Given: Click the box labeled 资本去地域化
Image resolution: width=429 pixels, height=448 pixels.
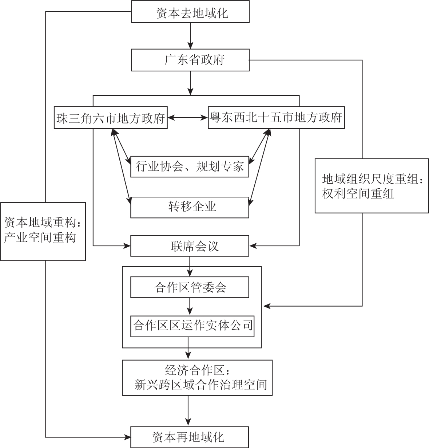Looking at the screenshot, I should click(190, 13).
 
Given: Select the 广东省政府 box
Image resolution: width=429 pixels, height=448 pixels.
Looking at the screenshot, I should click(190, 60).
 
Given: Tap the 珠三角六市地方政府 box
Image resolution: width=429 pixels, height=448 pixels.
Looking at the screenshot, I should click(111, 118).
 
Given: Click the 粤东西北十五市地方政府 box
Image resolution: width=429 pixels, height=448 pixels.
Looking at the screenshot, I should click(276, 118).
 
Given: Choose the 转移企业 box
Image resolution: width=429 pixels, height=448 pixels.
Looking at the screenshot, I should click(190, 207).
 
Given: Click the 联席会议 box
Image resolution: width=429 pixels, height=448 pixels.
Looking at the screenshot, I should click(190, 246).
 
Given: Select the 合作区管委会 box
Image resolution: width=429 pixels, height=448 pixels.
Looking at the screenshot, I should click(190, 287).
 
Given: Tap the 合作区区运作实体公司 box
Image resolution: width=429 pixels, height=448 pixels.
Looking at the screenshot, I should click(192, 325).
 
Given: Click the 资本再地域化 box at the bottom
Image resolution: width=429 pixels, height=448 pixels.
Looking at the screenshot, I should click(190, 437).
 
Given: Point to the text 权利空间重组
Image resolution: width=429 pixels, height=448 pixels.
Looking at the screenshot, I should click(358, 194).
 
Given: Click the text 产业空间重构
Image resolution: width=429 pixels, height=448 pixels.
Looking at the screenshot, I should click(40, 237).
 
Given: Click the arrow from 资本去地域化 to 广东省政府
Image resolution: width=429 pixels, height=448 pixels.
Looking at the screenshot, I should click(190, 36).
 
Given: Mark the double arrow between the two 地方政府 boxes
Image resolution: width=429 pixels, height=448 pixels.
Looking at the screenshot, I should click(188, 118).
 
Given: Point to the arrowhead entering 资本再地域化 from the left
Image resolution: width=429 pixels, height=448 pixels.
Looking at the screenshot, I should click(127, 437).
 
